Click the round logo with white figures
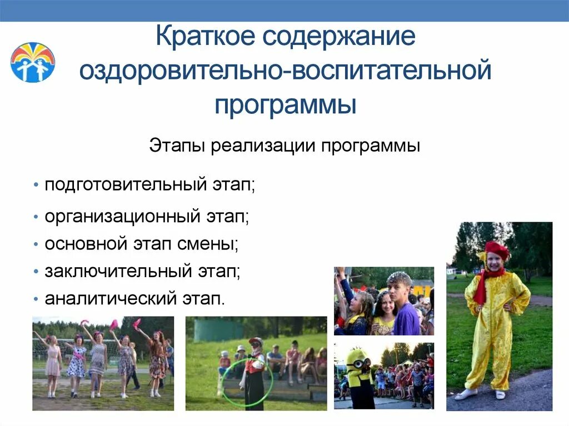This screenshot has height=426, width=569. (x=33, y=62)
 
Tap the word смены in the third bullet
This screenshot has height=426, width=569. (x=217, y=244)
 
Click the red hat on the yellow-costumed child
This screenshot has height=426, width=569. (x=496, y=250)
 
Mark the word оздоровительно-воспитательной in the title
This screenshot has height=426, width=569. (x=285, y=71)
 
